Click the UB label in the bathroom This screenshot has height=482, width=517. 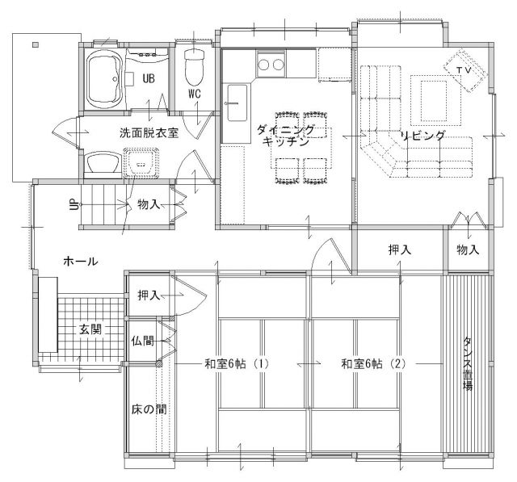(x=149, y=78)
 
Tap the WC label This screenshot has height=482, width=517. (x=195, y=94)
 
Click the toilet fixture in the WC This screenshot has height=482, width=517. (x=194, y=67)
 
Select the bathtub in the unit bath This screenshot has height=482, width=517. (x=104, y=78)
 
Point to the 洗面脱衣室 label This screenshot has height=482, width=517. (x=149, y=133)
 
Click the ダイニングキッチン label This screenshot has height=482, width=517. (x=285, y=135)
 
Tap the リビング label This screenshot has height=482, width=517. (x=422, y=135)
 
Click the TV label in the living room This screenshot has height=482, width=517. (x=463, y=70)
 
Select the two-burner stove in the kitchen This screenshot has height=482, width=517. (x=271, y=64)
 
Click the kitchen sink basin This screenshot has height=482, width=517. (x=236, y=103)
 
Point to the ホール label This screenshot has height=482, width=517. (x=81, y=262)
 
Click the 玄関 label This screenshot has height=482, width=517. (x=90, y=329)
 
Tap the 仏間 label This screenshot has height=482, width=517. (x=142, y=341)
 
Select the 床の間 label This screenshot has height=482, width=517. (x=149, y=409)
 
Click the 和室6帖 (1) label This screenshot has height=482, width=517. (x=237, y=364)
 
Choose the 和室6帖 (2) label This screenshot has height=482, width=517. (x=373, y=364)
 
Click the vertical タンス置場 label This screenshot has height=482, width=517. (x=468, y=363)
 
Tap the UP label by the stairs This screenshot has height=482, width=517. (x=74, y=205)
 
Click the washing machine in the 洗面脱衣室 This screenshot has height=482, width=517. (x=141, y=163)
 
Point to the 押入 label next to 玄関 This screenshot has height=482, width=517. (x=149, y=295)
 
